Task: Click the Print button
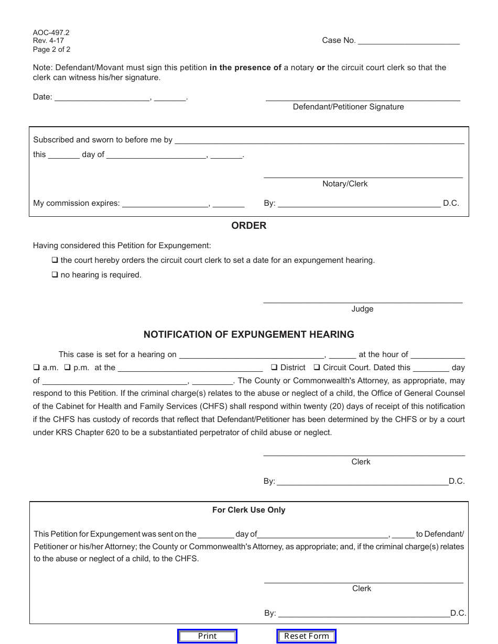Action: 207,636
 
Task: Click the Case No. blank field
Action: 408,41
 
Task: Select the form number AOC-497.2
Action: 51,32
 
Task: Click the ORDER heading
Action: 248,226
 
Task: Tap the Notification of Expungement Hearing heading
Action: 248,334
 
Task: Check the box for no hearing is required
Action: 55,275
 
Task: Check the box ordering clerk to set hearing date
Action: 55,260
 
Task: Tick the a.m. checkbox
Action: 37,368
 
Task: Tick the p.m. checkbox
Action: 68,368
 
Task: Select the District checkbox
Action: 274,368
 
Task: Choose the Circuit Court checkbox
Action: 317,368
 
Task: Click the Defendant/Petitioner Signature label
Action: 348,107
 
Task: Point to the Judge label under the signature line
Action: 362,309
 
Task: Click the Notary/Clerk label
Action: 345,184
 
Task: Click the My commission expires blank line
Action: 165,204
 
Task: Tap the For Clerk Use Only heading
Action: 248,510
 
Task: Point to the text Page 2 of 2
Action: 51,50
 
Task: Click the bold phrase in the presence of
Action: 245,68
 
